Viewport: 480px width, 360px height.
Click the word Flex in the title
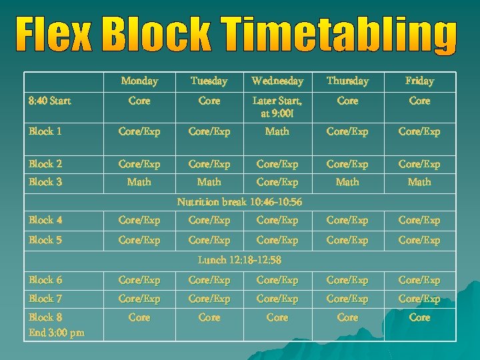point(53,37)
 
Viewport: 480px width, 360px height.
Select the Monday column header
point(139,81)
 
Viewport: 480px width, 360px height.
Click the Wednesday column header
point(277,81)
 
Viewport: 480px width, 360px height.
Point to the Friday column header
point(419,81)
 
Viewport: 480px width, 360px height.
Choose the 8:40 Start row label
point(50,101)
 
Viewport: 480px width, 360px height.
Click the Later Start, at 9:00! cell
point(277,107)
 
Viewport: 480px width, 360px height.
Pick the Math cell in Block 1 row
point(277,131)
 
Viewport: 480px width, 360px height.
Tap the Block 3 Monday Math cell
point(139,181)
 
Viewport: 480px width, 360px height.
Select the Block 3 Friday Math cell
point(419,181)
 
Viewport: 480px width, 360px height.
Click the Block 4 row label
point(45,220)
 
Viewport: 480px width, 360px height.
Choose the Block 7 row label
point(45,299)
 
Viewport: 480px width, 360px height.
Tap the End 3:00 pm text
point(56,332)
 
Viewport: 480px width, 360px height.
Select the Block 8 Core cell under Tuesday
point(209,318)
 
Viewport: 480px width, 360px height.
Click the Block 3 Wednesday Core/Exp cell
point(277,181)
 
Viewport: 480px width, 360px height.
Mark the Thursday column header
point(347,81)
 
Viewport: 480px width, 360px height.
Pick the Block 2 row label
point(45,164)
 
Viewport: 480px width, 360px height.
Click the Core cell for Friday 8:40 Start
point(419,101)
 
